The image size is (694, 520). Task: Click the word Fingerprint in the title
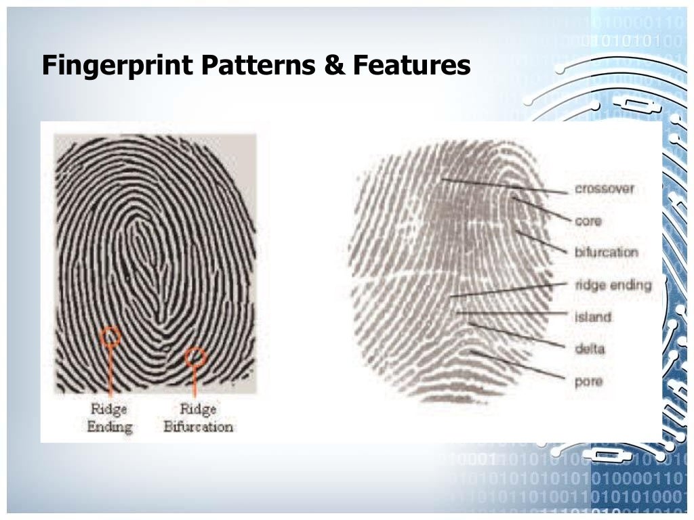[x=115, y=66]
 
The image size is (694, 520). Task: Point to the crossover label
[x=605, y=189]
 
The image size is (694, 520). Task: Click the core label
[x=588, y=221]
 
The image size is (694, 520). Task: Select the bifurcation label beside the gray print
[x=607, y=253]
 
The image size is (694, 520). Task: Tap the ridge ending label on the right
[x=613, y=285]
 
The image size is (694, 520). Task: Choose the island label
[x=593, y=317]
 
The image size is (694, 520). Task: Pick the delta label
[x=589, y=349]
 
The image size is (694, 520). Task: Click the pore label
[x=588, y=381]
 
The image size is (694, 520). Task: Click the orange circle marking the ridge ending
[x=110, y=335]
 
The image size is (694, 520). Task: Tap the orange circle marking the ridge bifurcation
[x=195, y=356]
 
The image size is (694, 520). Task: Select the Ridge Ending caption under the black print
[x=110, y=417]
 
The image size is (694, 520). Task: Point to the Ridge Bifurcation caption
[x=198, y=417]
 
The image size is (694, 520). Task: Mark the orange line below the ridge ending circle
[x=110, y=369]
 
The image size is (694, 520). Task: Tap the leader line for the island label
[x=512, y=313]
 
